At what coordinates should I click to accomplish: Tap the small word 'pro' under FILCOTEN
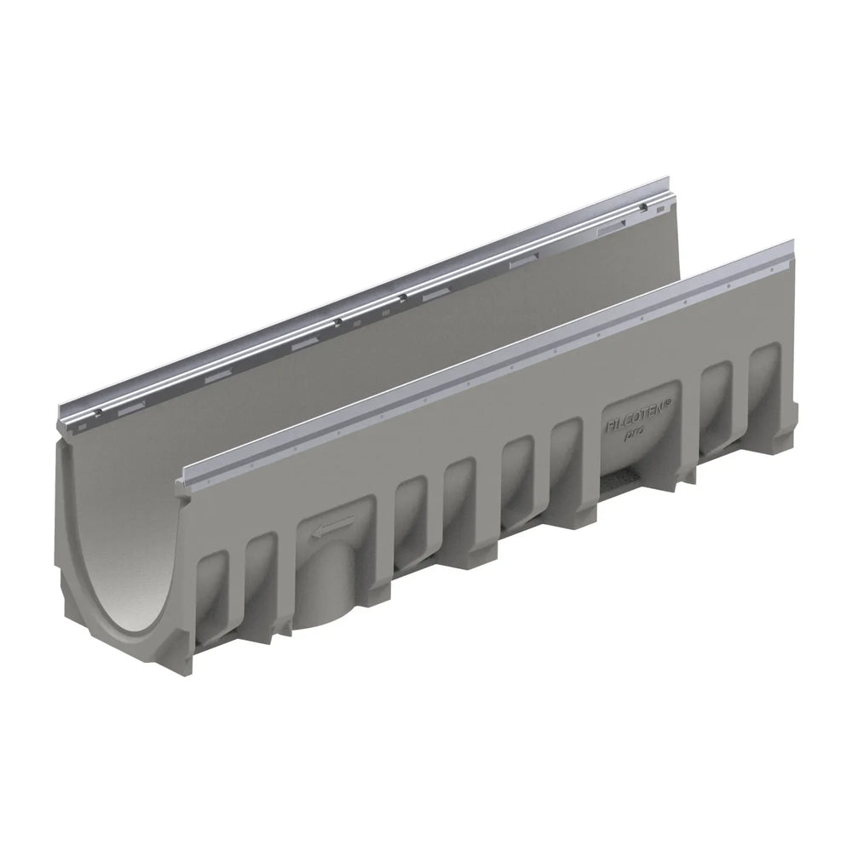pos(636,434)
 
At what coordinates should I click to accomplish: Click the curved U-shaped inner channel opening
pos(128,545)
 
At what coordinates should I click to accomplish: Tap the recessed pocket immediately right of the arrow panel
pos(409,520)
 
